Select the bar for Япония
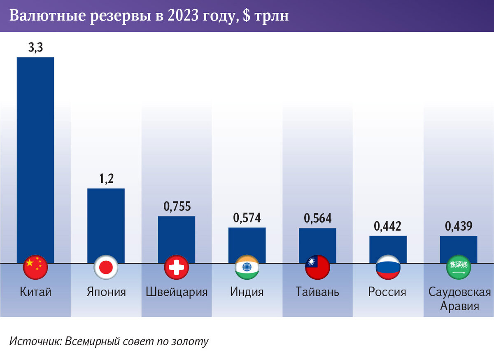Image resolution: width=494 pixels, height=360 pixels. click(x=106, y=225)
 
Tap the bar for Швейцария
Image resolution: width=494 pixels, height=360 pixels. click(x=176, y=239)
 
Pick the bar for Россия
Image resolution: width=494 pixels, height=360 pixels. click(x=388, y=249)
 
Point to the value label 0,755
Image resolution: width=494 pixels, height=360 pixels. click(x=177, y=207)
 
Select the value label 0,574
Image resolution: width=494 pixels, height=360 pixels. click(x=247, y=218)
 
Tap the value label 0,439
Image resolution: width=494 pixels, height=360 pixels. click(x=458, y=226)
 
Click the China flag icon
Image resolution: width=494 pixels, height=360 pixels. click(x=36, y=267)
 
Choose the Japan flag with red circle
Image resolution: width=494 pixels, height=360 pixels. click(x=106, y=267)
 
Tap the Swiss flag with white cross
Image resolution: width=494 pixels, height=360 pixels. click(x=177, y=267)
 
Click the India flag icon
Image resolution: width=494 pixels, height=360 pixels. click(x=247, y=267)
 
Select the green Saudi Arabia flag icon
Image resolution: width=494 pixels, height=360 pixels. click(x=459, y=267)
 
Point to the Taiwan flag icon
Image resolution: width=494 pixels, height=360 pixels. click(x=317, y=267)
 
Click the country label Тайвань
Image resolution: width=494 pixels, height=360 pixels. click(x=317, y=292)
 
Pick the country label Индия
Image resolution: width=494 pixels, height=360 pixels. click(x=247, y=292)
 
